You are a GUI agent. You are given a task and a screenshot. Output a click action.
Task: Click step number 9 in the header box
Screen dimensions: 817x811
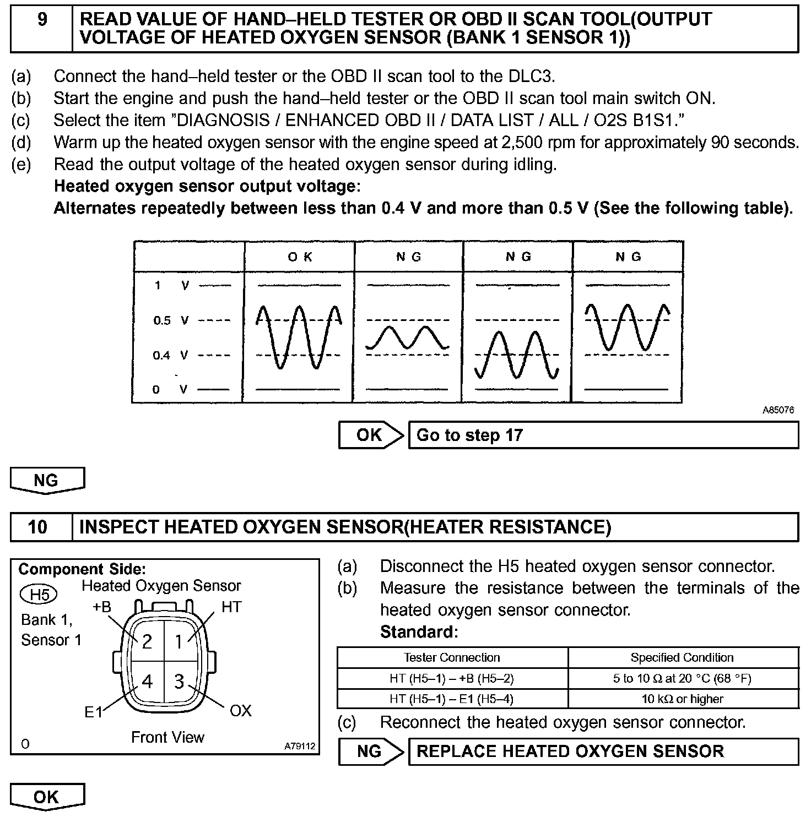(x=42, y=20)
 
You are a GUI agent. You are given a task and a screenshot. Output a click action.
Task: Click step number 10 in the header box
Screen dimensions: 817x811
(x=37, y=527)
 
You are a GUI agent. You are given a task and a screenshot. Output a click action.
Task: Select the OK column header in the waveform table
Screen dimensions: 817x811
(x=300, y=257)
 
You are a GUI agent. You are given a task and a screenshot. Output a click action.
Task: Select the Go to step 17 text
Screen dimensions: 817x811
(x=469, y=435)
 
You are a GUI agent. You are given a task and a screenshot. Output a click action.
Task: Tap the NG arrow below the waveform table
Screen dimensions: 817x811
(x=46, y=480)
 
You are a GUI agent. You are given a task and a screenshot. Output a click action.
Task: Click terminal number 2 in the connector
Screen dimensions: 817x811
(x=147, y=641)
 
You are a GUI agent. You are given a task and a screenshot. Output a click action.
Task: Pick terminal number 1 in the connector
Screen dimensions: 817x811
(x=179, y=641)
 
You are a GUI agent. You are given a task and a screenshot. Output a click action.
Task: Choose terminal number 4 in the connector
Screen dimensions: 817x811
(x=147, y=682)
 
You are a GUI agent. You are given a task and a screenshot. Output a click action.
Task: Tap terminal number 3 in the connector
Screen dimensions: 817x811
(x=179, y=682)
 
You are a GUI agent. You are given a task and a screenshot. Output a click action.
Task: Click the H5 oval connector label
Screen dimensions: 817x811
(x=39, y=595)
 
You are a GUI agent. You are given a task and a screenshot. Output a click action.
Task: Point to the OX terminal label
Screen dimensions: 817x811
(x=240, y=711)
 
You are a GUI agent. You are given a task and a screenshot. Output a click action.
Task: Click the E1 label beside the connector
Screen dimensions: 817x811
(x=94, y=712)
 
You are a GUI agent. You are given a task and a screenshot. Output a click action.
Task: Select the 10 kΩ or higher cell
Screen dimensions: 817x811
(x=683, y=699)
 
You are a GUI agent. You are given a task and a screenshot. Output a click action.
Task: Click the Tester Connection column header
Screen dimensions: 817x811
(x=452, y=657)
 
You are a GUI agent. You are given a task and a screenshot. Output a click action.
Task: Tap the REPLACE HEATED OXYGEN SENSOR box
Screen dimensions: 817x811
(x=603, y=751)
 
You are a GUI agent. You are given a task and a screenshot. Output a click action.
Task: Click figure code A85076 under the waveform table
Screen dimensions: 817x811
(x=778, y=410)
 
